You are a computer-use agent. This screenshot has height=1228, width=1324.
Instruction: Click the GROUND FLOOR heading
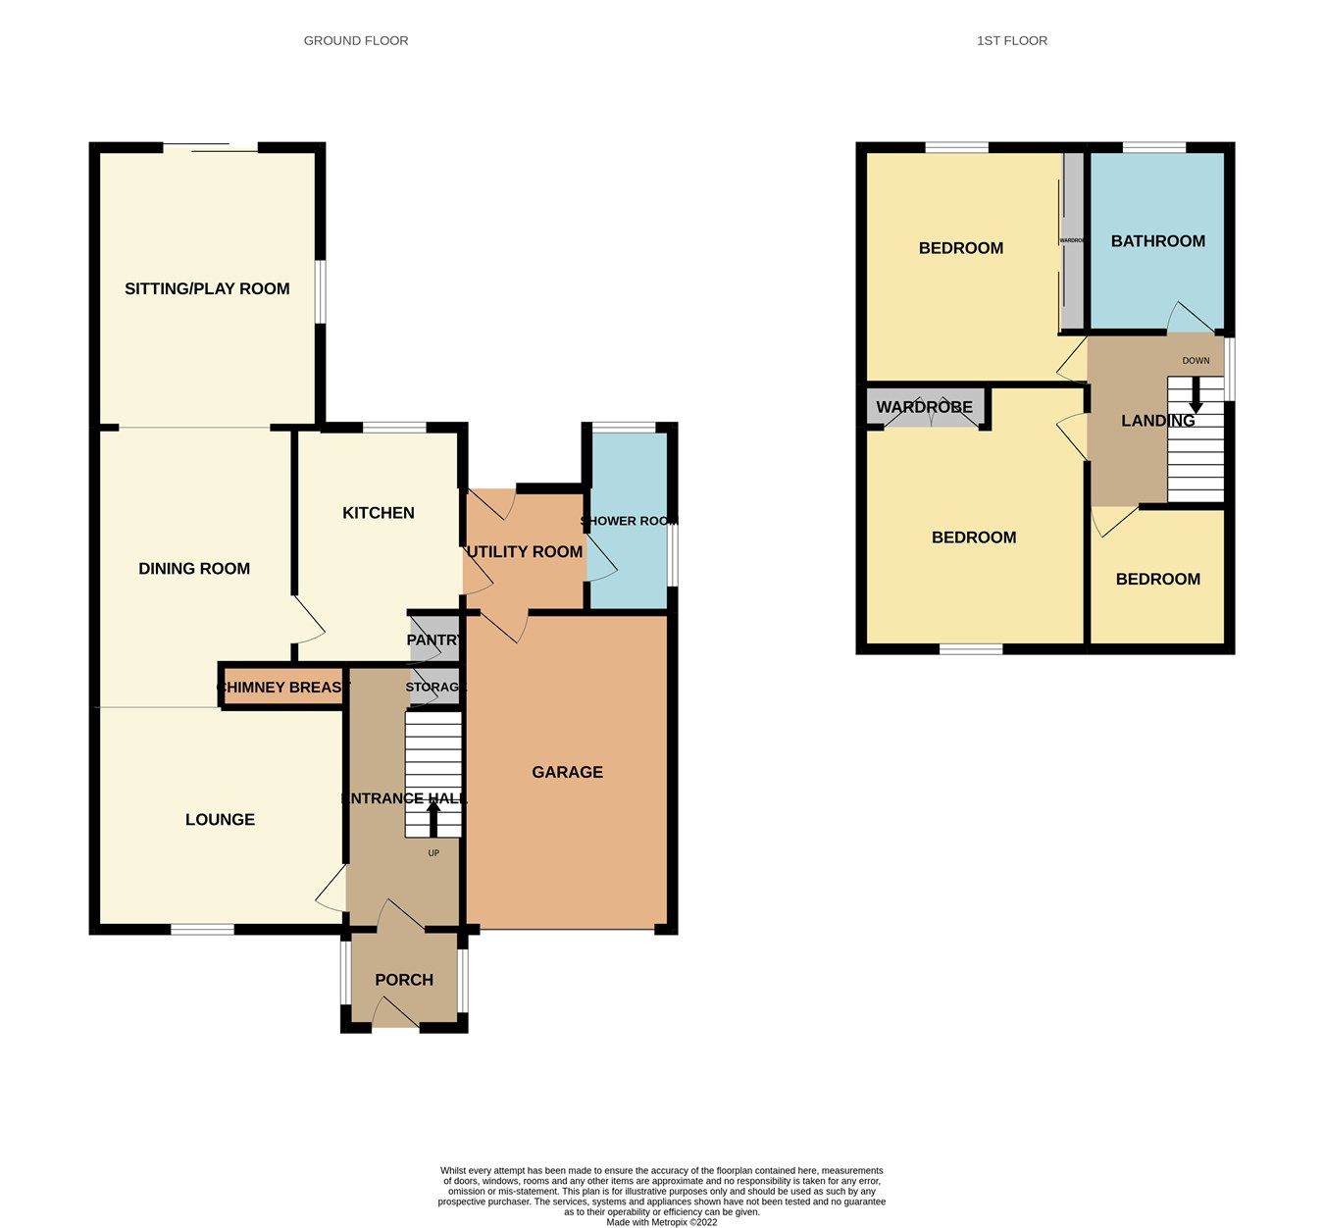coord(356,40)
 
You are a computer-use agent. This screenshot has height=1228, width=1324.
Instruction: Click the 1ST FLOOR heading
coord(1011,40)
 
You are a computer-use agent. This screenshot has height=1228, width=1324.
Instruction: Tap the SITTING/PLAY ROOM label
coord(207,288)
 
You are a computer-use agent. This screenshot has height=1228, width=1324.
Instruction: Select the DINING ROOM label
coord(194,568)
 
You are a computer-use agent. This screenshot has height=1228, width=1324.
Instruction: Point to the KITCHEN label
coord(378,513)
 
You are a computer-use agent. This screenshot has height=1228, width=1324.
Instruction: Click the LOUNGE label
coord(220,819)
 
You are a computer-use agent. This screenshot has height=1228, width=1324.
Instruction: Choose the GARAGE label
coord(567,772)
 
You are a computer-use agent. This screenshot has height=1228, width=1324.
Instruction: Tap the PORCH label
coord(404,980)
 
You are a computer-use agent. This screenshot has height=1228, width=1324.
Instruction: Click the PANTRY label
coord(433,640)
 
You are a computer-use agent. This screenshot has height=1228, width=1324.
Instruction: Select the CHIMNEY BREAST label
coord(282,688)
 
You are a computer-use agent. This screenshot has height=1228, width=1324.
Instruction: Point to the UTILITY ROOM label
coord(525,552)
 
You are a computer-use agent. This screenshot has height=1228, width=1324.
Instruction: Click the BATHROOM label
coord(1157,241)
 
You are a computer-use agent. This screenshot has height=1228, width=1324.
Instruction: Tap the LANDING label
coord(1157,421)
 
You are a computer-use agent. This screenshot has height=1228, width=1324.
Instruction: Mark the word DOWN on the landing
coord(1196,361)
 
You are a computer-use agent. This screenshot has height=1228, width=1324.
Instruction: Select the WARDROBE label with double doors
coord(924,407)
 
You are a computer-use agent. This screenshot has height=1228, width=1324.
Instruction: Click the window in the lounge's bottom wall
coord(202,928)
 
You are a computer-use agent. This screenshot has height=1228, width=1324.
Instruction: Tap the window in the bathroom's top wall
coord(1153,147)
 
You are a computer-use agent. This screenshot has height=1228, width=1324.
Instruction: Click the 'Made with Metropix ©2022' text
coord(661,1222)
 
